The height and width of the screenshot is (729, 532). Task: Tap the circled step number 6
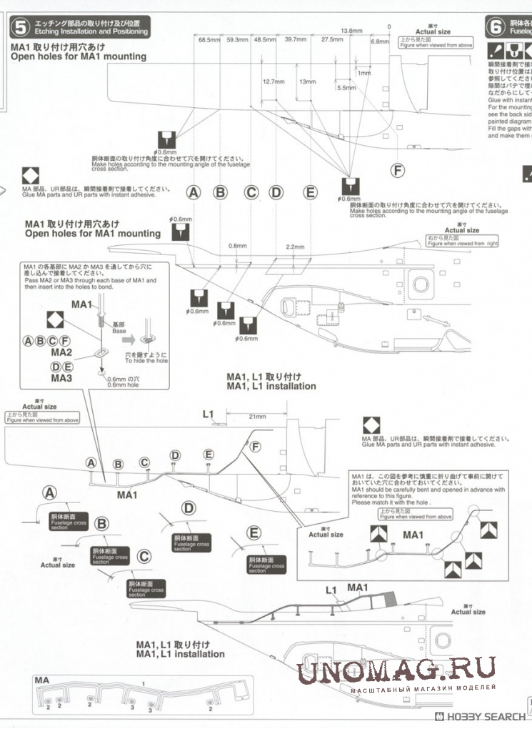(x=496, y=28)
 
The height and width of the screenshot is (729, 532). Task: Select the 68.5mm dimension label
(x=208, y=40)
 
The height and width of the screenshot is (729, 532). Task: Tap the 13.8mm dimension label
(x=352, y=31)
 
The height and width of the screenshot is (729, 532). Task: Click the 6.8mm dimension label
(x=380, y=41)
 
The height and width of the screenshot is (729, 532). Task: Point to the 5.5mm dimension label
(x=346, y=87)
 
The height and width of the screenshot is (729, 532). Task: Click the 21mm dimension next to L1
(x=257, y=417)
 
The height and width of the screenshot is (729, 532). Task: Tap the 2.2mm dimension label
(x=294, y=247)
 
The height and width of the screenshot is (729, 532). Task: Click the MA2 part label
(x=61, y=352)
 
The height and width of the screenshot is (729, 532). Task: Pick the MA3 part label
(x=61, y=377)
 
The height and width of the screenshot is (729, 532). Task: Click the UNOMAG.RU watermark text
(x=397, y=670)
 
